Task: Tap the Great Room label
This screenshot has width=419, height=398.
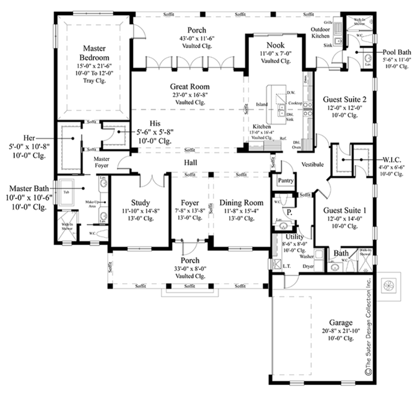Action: (x=190, y=86)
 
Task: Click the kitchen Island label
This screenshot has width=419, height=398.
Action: (x=262, y=104)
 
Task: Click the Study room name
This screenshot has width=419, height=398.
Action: (x=140, y=202)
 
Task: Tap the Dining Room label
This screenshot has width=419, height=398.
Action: (x=241, y=203)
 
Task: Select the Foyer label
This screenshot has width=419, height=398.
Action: (x=190, y=203)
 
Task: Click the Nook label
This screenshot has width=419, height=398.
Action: (x=275, y=45)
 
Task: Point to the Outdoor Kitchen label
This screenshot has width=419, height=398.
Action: (x=320, y=33)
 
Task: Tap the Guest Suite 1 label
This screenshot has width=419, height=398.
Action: (x=345, y=210)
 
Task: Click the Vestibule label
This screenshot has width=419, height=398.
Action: (x=313, y=164)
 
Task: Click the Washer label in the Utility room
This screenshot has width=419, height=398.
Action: (x=306, y=256)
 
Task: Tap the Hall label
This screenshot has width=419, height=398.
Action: (x=190, y=163)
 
